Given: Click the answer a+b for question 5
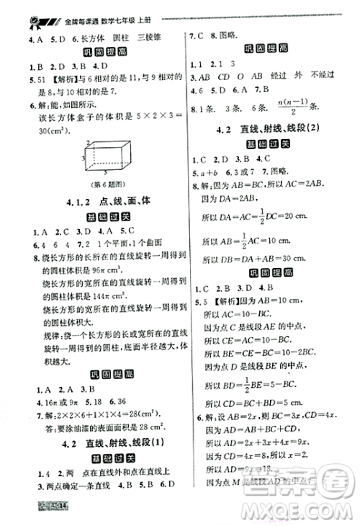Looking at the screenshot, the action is point(209,173).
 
